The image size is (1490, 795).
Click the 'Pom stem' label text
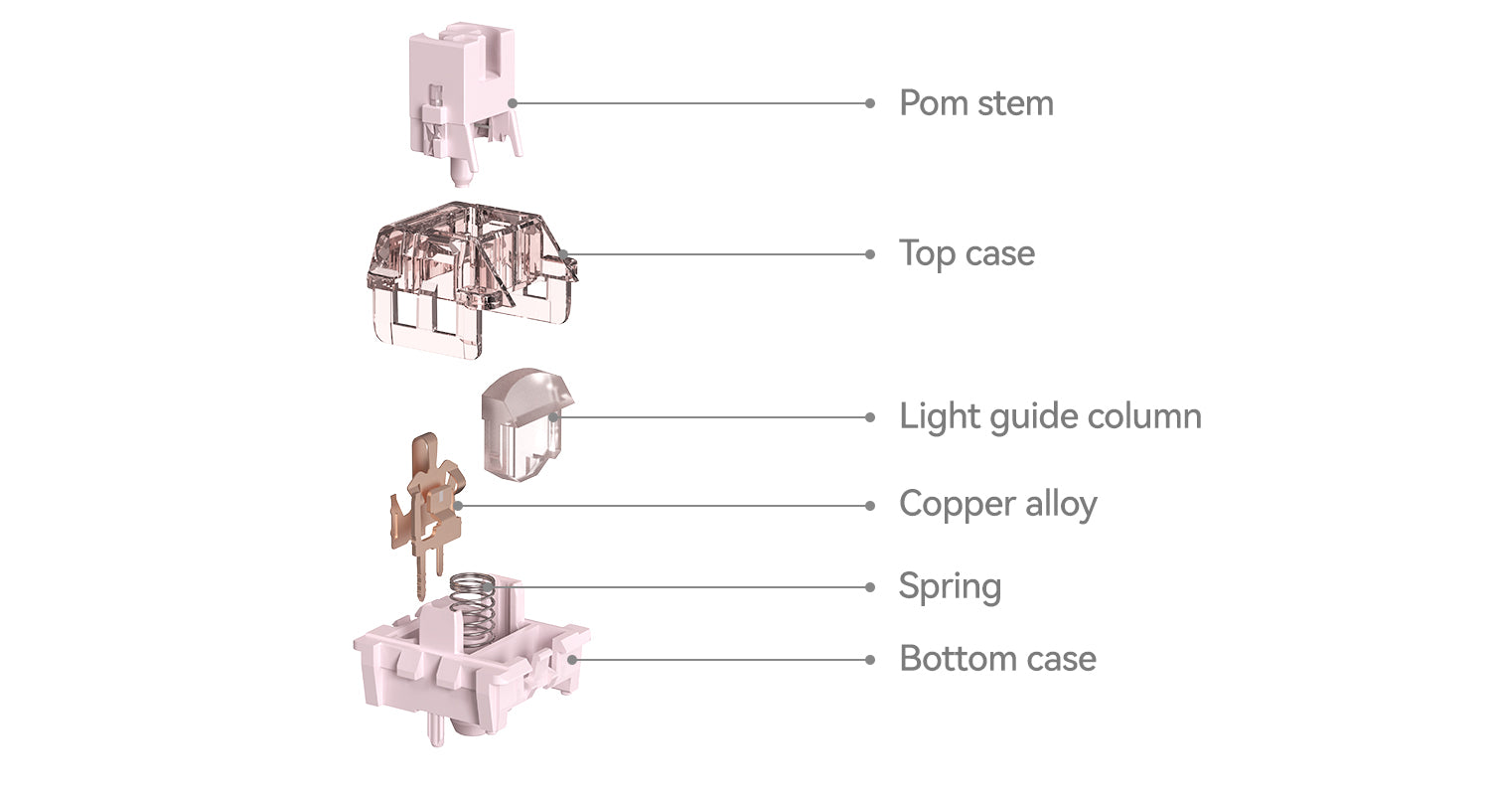(x=976, y=103)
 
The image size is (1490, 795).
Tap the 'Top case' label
(x=968, y=254)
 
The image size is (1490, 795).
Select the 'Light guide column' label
(x=1050, y=417)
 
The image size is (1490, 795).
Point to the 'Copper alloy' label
(x=997, y=505)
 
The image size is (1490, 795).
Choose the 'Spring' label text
(x=950, y=586)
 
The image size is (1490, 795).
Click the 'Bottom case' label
(x=997, y=659)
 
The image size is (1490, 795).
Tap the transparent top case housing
(x=471, y=279)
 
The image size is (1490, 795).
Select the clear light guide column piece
(x=525, y=423)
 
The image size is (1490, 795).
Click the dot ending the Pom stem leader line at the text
(x=870, y=103)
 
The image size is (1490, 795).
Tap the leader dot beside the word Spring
(x=870, y=586)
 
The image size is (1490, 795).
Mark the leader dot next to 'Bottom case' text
(x=870, y=660)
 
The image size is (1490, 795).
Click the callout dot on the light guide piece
(x=554, y=417)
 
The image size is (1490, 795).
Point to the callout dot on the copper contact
(x=458, y=506)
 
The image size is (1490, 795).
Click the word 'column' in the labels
(x=1144, y=416)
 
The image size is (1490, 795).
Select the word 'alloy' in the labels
(x=1062, y=505)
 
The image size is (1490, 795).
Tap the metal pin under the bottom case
(x=436, y=729)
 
